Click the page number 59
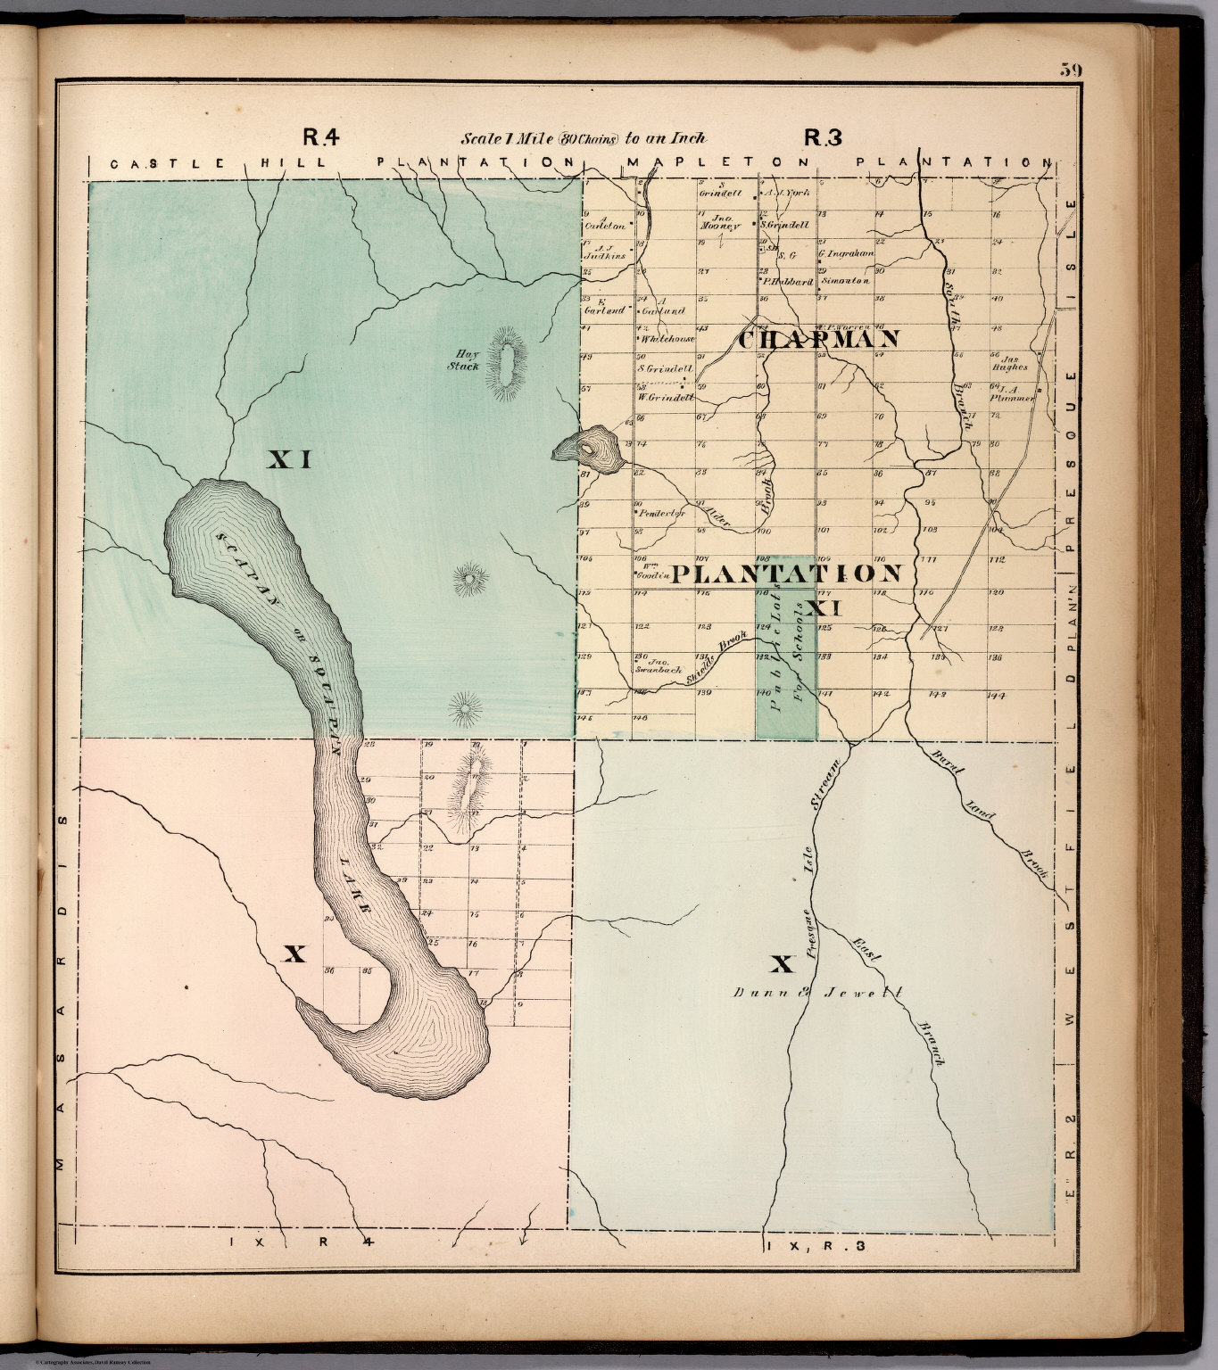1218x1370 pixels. click(x=1071, y=70)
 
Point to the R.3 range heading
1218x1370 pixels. click(x=823, y=137)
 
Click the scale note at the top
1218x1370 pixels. click(x=584, y=138)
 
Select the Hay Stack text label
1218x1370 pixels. click(x=466, y=359)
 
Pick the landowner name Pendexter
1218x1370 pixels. click(x=662, y=514)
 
